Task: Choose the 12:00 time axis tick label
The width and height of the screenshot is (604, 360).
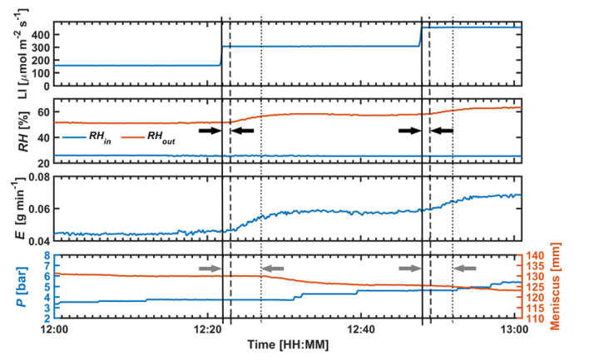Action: [54, 329]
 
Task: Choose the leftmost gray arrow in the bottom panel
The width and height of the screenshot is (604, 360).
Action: [210, 268]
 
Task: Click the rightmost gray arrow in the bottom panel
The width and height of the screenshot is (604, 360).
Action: [466, 268]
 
